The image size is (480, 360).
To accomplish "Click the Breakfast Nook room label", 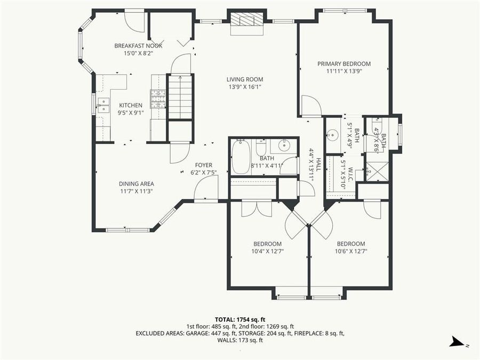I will pos(138,46).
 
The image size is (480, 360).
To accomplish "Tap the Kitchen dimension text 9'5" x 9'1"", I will pos(130,113).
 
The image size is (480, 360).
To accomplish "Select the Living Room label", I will pos(245,79).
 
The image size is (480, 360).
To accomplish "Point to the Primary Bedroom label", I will pos(344,64).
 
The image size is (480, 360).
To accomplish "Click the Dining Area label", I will pos(136,184).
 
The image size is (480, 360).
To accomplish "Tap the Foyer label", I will pos(203,165).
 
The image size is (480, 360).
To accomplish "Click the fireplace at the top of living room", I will pos(246,21).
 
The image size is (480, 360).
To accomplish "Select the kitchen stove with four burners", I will pos(159,99).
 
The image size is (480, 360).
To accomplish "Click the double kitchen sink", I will pos(102,106).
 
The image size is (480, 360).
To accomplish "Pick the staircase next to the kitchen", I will pos(180,96).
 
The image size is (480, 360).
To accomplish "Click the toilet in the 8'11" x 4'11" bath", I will pos(261,147).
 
